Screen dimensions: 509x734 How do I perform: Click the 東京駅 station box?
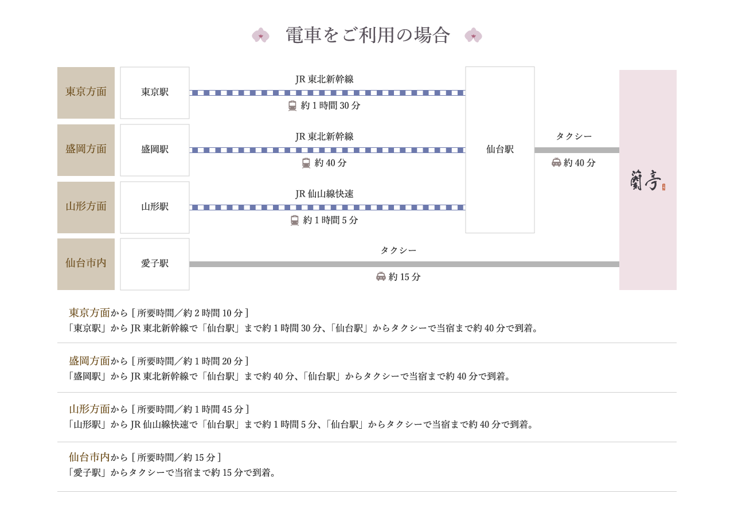pyautogui.click(x=155, y=92)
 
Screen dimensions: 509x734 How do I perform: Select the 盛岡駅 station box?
pyautogui.click(x=155, y=150)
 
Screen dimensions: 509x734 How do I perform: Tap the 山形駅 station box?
pyautogui.click(x=155, y=207)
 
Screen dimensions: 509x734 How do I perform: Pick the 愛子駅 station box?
pyautogui.click(x=155, y=264)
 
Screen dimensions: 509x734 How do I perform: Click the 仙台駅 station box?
pyautogui.click(x=500, y=150)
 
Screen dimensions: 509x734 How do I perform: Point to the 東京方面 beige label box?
pyautogui.click(x=86, y=92)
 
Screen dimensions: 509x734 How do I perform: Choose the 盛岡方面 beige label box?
pyautogui.click(x=86, y=150)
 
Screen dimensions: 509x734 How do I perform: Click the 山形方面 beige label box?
pyautogui.click(x=86, y=207)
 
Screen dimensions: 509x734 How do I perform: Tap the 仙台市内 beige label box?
pyautogui.click(x=86, y=264)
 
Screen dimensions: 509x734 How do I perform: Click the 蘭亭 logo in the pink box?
pyautogui.click(x=646, y=183)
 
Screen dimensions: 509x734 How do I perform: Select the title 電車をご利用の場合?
pyautogui.click(x=368, y=36)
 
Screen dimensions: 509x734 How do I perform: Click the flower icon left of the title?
pyautogui.click(x=260, y=36)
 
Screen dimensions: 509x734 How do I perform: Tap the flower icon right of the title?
pyautogui.click(x=473, y=36)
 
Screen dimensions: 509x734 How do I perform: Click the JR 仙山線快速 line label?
pyautogui.click(x=324, y=194)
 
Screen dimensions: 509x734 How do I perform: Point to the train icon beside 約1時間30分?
pyautogui.click(x=292, y=106)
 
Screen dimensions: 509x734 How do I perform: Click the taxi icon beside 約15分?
pyautogui.click(x=381, y=277)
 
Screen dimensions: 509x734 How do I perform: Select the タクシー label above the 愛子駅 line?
pyautogui.click(x=398, y=250)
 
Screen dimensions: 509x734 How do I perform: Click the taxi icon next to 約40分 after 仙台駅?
pyautogui.click(x=556, y=163)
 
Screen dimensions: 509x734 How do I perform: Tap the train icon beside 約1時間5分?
pyautogui.click(x=295, y=221)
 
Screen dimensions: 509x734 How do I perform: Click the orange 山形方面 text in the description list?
pyautogui.click(x=89, y=409)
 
